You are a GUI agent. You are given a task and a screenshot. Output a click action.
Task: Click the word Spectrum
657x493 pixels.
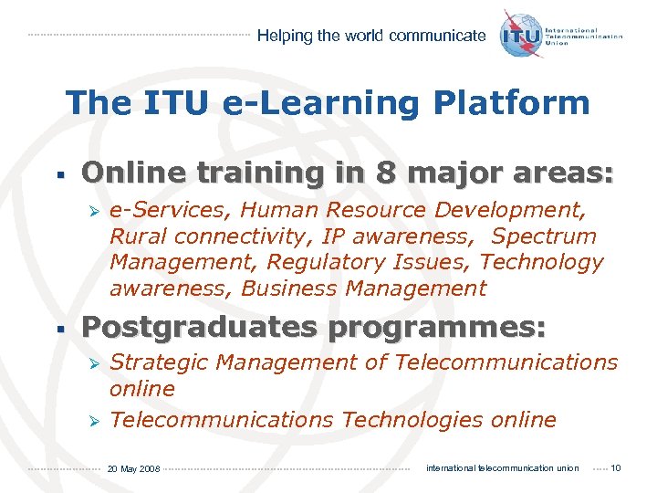[x=544, y=236]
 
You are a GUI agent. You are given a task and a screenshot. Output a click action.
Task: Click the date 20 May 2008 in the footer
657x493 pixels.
[x=133, y=469]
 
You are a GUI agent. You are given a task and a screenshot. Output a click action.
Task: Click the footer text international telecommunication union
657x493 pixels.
[x=502, y=468]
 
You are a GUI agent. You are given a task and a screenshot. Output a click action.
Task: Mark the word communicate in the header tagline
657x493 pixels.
[x=437, y=37]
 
